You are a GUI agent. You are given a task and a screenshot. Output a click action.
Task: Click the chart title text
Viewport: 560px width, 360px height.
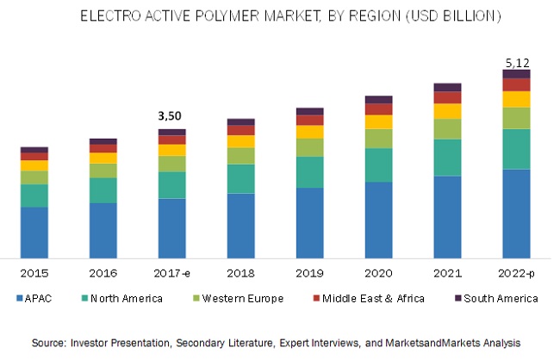279,16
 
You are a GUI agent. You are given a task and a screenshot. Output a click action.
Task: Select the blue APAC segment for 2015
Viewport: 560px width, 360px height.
34,232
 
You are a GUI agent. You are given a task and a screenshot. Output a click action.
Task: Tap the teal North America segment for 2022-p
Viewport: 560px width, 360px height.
516,148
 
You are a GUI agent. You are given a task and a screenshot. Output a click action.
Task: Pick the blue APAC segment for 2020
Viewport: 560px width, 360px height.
378,219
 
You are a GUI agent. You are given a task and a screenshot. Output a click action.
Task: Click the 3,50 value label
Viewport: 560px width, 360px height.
171,115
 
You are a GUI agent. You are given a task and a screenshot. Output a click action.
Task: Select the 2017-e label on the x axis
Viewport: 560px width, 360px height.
171,273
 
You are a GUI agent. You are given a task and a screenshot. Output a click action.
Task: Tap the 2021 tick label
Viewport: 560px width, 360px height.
447,273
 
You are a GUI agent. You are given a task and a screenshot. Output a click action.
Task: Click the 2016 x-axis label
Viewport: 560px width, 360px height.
103,273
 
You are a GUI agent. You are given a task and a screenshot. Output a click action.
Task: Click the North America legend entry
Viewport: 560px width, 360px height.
127,299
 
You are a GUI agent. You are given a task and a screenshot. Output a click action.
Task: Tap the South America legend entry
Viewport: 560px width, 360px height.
495,299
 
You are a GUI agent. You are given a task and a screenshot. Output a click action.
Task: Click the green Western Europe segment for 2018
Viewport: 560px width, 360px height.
240,155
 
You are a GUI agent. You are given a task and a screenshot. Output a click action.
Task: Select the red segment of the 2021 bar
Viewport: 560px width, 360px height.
447,97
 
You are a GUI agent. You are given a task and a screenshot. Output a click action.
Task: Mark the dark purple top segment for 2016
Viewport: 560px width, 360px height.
103,140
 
